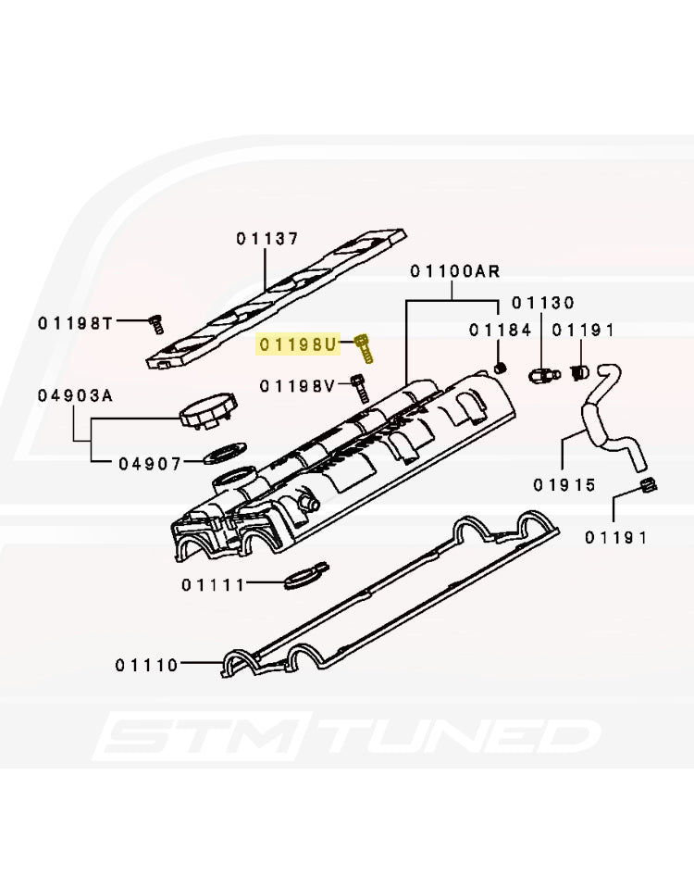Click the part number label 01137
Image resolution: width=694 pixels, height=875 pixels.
[267, 239]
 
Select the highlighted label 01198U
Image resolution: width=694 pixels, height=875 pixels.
[298, 344]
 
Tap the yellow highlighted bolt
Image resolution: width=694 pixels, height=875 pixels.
[364, 347]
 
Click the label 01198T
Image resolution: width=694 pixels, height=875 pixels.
[75, 323]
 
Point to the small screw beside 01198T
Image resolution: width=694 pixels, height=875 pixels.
[156, 324]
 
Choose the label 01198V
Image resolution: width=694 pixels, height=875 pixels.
[297, 385]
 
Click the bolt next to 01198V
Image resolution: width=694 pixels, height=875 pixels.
[359, 389]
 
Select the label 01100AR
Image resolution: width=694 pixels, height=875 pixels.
[455, 272]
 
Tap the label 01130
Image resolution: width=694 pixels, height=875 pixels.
[543, 303]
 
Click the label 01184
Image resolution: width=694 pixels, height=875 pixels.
[501, 331]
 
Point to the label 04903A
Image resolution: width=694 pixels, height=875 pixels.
[75, 395]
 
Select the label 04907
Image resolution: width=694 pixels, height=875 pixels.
[150, 464]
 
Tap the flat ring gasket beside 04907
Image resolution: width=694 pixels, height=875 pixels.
[224, 453]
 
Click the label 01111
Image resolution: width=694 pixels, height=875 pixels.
[213, 585]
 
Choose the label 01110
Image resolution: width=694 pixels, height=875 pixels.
[147, 665]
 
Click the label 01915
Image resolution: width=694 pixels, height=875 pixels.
[564, 485]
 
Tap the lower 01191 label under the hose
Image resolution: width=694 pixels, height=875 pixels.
[616, 538]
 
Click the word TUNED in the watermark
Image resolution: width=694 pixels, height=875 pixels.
[462, 735]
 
